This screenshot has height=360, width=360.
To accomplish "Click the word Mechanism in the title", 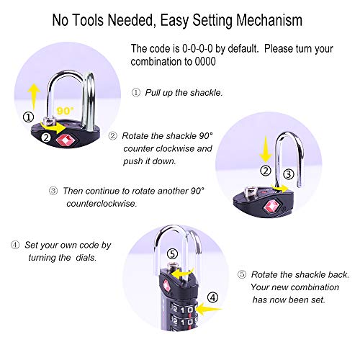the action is [269, 20].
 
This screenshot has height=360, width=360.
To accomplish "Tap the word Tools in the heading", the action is [88, 20].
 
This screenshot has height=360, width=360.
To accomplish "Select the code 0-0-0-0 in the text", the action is [197, 49].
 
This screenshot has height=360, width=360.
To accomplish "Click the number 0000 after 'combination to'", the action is [205, 61].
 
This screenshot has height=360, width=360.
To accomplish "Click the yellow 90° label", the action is [65, 111].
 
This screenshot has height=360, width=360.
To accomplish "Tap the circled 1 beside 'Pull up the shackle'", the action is [136, 92].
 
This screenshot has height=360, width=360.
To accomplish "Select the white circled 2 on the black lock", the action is [46, 138].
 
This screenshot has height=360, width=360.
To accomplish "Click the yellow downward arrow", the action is [266, 148].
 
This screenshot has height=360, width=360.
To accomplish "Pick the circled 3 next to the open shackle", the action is [289, 174].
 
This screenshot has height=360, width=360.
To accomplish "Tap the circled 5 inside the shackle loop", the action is [172, 254].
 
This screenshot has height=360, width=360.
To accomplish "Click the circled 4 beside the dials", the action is [212, 298].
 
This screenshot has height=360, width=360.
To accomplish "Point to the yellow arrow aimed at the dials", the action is [208, 309].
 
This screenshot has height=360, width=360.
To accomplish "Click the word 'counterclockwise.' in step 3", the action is [102, 204].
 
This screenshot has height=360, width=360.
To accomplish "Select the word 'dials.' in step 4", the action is [86, 258].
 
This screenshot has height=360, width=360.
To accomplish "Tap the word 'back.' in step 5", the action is [338, 275].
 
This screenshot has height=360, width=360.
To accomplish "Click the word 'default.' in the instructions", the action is [243, 49].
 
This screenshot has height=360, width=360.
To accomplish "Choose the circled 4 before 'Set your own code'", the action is [15, 245].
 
